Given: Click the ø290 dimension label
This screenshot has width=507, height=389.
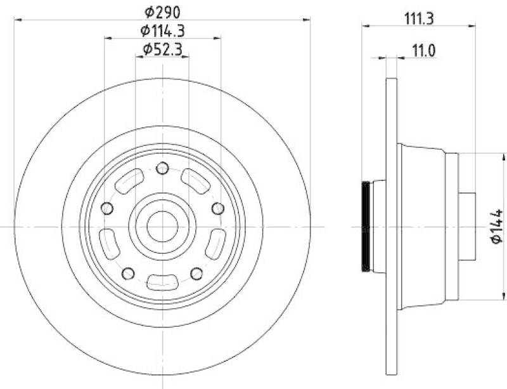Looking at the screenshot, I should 162,11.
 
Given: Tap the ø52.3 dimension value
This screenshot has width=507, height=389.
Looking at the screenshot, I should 162,49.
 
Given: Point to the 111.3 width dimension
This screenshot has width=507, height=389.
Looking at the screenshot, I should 418,19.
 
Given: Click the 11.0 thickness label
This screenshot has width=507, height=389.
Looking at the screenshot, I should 423,50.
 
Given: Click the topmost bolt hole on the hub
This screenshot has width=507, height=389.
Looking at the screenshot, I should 162,168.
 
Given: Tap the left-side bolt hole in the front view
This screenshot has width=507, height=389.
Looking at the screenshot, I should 107,209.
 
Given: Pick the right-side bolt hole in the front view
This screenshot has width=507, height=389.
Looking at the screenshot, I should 217,209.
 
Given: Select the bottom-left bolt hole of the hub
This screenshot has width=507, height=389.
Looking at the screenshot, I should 128,274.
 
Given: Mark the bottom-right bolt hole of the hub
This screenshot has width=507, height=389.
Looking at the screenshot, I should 196,274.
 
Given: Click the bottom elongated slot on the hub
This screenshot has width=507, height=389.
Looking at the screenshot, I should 162,282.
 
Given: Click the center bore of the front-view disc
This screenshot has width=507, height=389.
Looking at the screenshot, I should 162,226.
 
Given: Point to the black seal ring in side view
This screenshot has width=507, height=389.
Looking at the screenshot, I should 366,227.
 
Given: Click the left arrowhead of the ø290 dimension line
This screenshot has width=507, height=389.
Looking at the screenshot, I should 18,20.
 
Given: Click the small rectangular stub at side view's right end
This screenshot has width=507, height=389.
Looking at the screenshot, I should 467,226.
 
